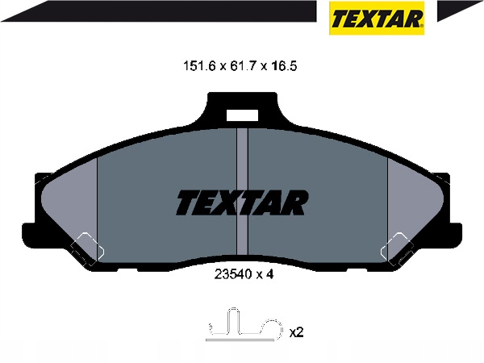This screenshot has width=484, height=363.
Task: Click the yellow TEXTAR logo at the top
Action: [377, 18]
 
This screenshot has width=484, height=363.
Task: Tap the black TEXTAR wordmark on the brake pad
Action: [242, 202]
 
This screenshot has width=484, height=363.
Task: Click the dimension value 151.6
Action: [199, 66]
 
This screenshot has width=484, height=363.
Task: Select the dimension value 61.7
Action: [242, 66]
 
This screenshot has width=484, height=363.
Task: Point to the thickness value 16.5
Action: [283, 66]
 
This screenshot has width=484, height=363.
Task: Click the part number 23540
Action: [229, 274]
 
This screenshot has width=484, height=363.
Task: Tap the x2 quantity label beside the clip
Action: [297, 332]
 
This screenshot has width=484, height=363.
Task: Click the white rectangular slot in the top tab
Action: [242, 115]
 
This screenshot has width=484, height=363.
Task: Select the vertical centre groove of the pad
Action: [242, 191]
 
